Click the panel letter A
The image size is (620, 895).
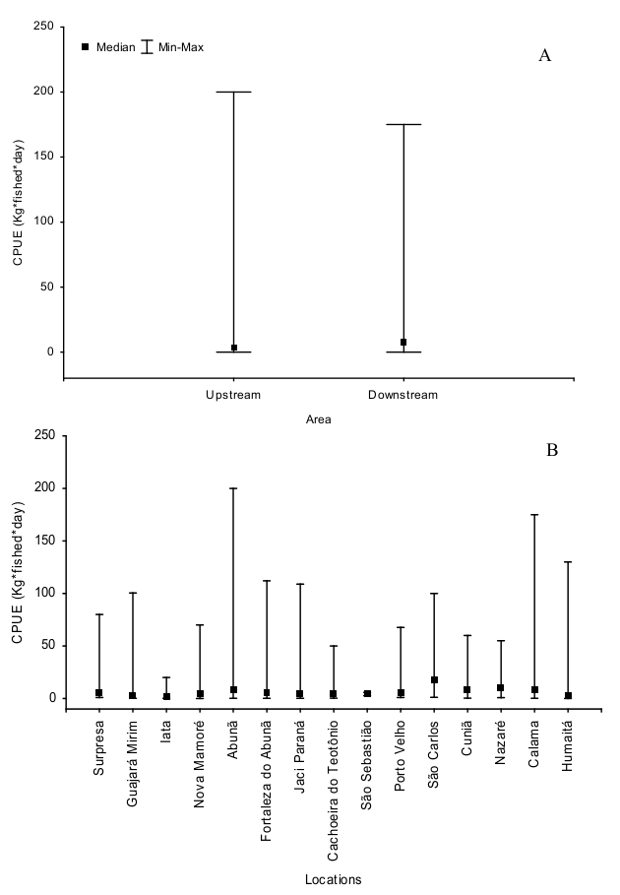(x=543, y=56)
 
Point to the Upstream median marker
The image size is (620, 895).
(x=234, y=348)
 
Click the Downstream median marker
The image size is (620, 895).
(x=403, y=342)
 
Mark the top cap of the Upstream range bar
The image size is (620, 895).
(x=234, y=92)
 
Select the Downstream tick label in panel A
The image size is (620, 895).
(x=403, y=395)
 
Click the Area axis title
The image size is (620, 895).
(x=318, y=419)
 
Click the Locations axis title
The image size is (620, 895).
(x=334, y=879)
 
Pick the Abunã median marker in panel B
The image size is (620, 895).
(x=233, y=690)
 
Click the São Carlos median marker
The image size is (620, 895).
(x=434, y=680)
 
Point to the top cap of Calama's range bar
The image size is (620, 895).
(x=534, y=515)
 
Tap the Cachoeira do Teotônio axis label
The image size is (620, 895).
(x=334, y=781)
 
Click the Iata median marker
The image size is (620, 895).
(x=166, y=696)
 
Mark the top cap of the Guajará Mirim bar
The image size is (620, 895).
(x=133, y=593)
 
